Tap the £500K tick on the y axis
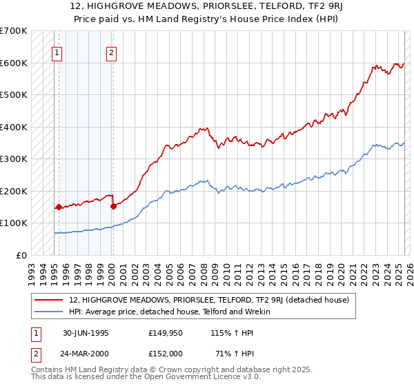point(14,95)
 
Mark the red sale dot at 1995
point(59,207)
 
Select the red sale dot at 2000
point(112,205)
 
